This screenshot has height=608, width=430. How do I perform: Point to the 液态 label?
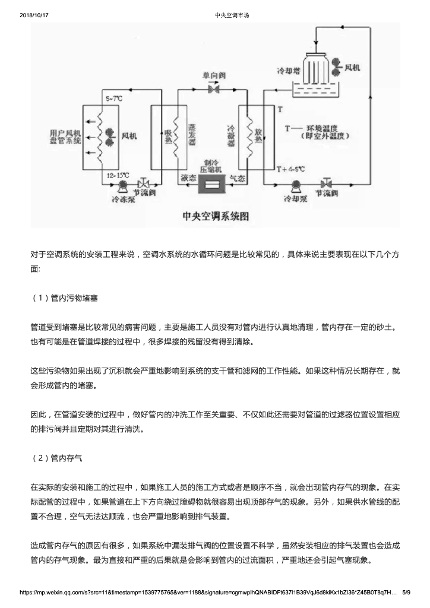pyautogui.click(x=188, y=177)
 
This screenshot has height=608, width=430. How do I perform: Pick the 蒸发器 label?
pyautogui.click(x=192, y=136)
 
